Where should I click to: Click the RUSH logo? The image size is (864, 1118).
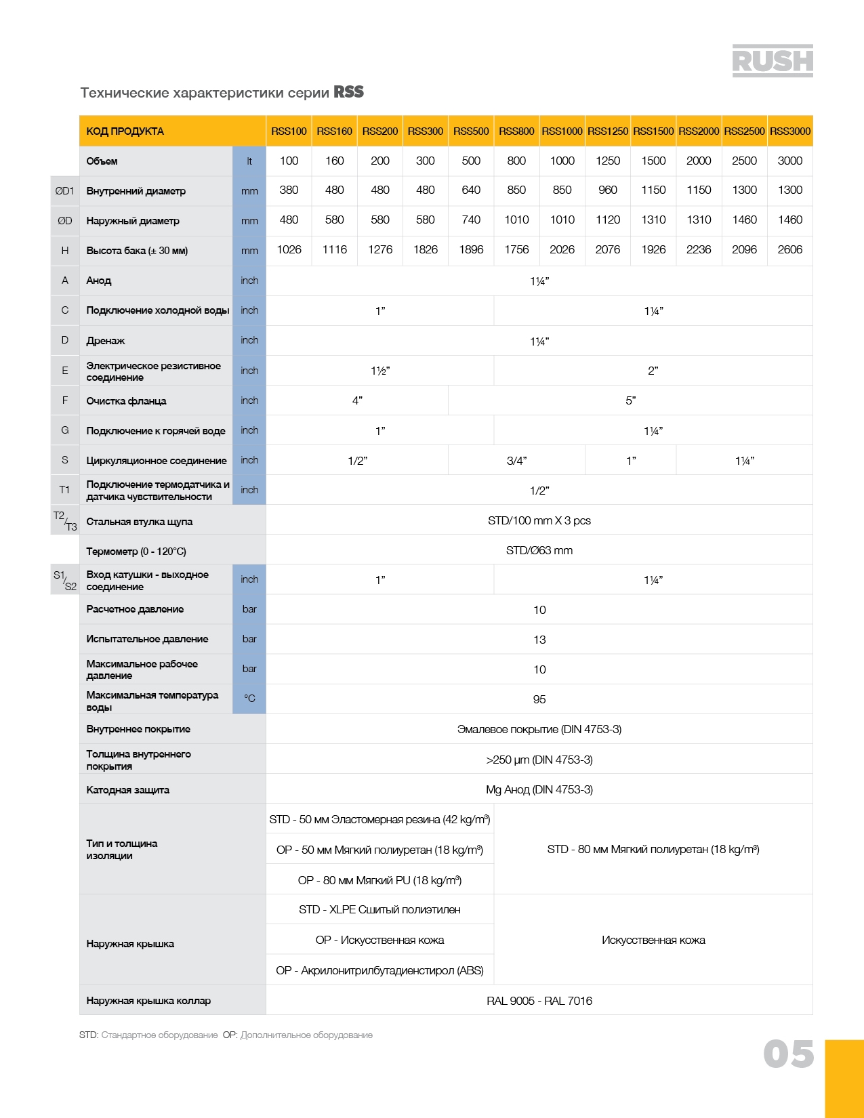(x=772, y=61)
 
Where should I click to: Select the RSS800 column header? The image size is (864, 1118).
(x=516, y=131)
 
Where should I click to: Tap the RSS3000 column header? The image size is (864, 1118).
(x=789, y=131)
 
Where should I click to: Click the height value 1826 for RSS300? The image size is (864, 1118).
(x=426, y=249)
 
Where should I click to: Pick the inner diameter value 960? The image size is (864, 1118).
(x=608, y=190)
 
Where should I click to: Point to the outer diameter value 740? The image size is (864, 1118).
(x=471, y=220)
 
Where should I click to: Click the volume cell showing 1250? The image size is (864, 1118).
(x=608, y=161)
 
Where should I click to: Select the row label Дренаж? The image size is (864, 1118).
(x=106, y=341)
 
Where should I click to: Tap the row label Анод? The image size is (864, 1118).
(x=99, y=281)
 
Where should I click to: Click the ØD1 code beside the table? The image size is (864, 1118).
(x=64, y=191)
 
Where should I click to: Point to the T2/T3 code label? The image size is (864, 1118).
(x=65, y=521)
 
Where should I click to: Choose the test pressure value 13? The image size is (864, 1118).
(x=539, y=640)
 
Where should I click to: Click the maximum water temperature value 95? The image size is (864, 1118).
(x=539, y=699)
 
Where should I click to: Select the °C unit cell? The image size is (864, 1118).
(x=249, y=699)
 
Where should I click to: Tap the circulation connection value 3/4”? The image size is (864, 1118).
(x=516, y=461)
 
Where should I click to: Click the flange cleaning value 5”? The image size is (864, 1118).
(x=630, y=400)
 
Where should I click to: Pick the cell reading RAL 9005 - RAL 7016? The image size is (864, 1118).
(x=539, y=1001)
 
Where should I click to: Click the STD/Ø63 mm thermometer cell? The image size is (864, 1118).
(x=539, y=550)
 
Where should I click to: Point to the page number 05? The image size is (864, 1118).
(x=788, y=1054)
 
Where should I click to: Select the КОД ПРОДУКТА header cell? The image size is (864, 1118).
(x=125, y=131)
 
